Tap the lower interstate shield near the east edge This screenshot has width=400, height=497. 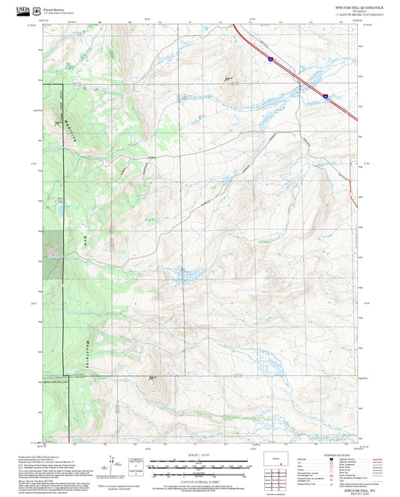(x=325, y=96)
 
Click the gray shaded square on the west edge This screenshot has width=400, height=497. (x=53, y=243)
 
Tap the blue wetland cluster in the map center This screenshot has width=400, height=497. (x=182, y=276)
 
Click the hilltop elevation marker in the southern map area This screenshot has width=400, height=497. (x=151, y=377)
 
